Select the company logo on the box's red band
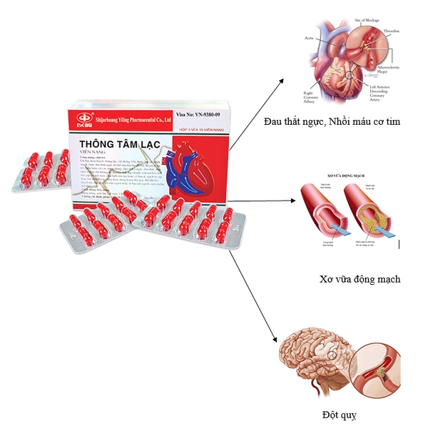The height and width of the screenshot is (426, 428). click(x=83, y=117)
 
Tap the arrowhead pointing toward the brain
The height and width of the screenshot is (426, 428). click(x=276, y=341)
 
